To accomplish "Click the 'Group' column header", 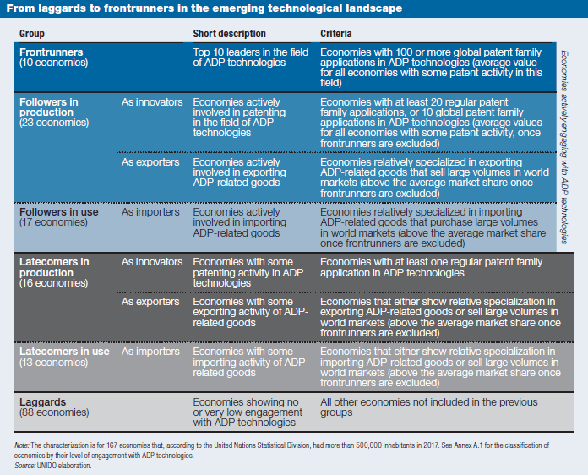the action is [x=32, y=34].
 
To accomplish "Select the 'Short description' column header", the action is [x=229, y=34].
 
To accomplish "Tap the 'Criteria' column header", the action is [x=335, y=34].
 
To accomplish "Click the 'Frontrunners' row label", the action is [x=51, y=52].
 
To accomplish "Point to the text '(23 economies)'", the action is [x=54, y=123].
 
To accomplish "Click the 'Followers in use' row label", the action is [x=59, y=212].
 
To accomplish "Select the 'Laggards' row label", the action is [x=42, y=402].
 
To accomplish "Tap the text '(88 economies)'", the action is [x=54, y=412].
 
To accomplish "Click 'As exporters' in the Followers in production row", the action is [x=150, y=162].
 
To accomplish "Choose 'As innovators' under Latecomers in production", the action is [x=152, y=262].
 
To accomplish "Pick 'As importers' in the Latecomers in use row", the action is [x=150, y=352].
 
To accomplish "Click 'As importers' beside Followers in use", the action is [x=150, y=212].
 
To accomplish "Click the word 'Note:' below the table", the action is [x=22, y=445].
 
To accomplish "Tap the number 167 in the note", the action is [x=112, y=445].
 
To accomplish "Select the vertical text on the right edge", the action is [x=564, y=147].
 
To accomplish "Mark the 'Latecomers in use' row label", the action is [x=64, y=352].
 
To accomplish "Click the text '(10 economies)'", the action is [x=53, y=63].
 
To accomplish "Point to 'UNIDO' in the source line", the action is [x=46, y=466].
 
